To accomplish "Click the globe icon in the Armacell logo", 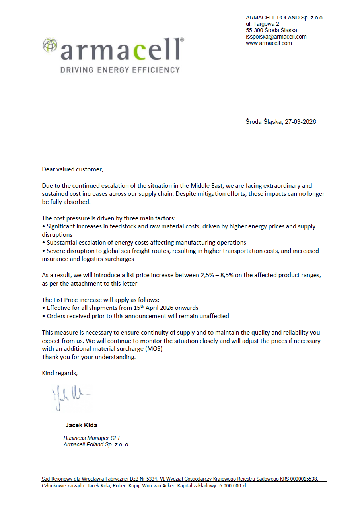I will click(x=50, y=45).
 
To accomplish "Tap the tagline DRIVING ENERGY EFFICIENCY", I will click(x=120, y=70).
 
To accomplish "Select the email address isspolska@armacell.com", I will click(x=276, y=37).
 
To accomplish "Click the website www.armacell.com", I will click(x=269, y=43).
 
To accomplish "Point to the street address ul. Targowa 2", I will click(x=263, y=24).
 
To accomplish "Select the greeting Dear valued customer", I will click(x=72, y=169).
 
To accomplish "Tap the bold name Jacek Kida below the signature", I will click(x=81, y=425).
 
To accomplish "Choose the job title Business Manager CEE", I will click(x=93, y=438).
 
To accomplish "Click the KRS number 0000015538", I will click(x=302, y=479).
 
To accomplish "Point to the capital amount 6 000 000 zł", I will click(x=233, y=486).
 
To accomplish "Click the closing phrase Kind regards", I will click(x=60, y=373).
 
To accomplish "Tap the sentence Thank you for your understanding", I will click(x=89, y=357).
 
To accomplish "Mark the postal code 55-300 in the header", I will click(x=254, y=30).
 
